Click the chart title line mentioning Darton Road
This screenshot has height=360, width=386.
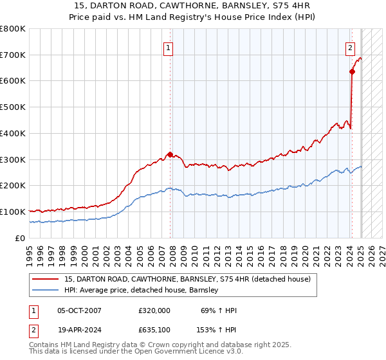pos(192,6)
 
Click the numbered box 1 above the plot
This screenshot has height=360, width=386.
pos(169,47)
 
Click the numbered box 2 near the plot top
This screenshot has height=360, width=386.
pos(351,47)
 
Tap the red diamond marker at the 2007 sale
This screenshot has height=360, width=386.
pos(170,154)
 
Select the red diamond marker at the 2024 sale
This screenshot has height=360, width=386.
pos(353,72)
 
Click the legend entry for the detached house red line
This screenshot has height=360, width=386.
pos(187,279)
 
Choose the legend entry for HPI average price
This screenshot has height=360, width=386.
pos(141,290)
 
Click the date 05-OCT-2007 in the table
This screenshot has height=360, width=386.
pos(79,310)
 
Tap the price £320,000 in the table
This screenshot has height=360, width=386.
pos(154,310)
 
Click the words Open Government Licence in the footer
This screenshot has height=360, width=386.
pos(192,352)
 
